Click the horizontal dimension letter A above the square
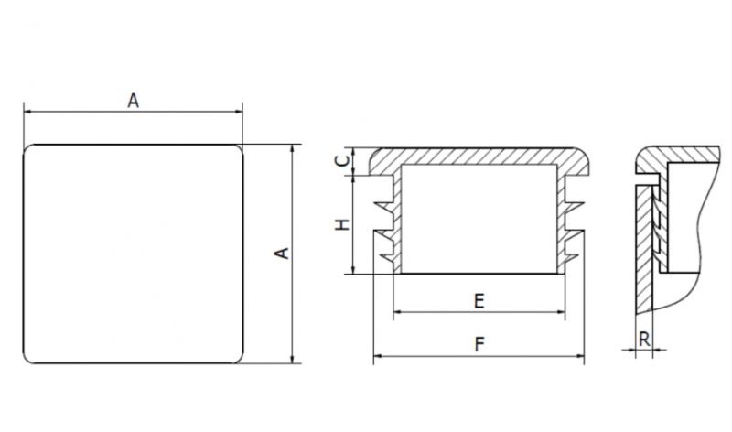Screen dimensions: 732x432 133,101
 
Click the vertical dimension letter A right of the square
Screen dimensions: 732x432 282,254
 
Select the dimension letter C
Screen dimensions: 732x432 343,161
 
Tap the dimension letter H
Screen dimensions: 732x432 343,224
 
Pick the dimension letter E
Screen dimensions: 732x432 479,301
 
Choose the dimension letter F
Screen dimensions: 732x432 479,345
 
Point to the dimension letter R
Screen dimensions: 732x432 644,340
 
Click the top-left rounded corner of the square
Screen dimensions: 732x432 28,149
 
